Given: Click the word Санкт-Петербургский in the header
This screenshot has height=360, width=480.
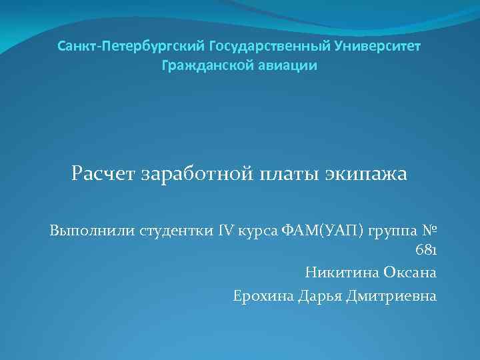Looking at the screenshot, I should click(131, 47).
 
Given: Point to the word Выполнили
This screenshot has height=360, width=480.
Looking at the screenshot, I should click(91, 231).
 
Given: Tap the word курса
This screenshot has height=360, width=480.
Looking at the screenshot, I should click(259, 231).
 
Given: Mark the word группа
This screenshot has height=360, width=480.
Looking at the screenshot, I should click(388, 231).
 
